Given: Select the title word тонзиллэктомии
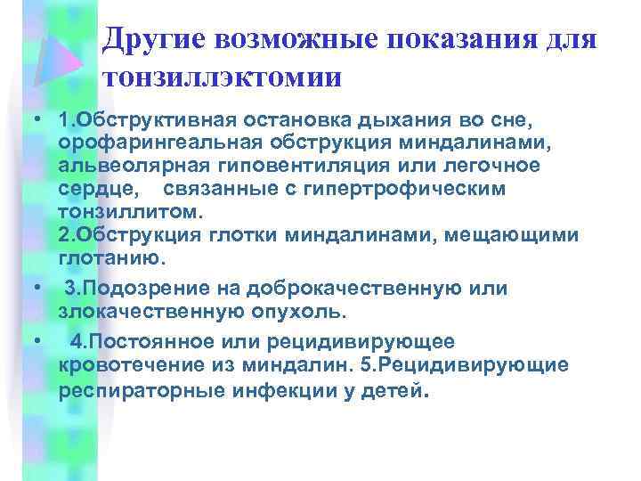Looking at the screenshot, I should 222,77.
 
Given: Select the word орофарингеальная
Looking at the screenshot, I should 141,143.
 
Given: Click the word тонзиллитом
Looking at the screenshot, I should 130,213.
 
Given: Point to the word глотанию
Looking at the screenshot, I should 110,259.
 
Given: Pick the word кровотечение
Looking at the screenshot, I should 128,365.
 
